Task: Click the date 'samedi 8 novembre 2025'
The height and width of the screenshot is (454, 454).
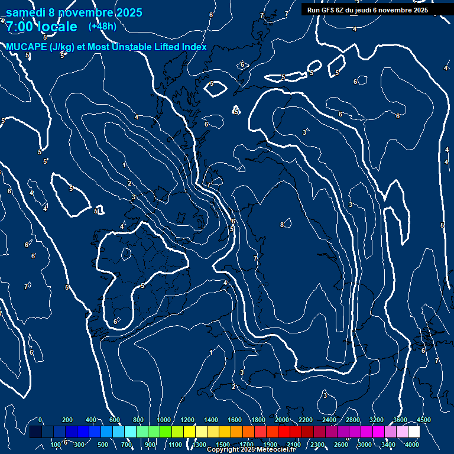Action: (74, 12)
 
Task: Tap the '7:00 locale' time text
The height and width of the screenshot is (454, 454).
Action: (41, 27)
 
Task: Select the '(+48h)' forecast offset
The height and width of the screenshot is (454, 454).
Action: (102, 26)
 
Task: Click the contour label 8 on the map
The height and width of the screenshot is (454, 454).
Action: (282, 225)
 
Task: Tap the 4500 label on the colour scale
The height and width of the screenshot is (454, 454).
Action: (423, 420)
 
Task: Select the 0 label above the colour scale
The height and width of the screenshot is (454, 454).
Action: (40, 420)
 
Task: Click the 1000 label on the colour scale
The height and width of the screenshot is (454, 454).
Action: (164, 420)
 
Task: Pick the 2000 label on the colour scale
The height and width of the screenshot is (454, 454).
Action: (282, 420)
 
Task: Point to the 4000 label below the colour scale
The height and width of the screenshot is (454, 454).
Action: (412, 445)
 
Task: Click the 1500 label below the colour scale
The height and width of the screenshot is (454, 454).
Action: (223, 445)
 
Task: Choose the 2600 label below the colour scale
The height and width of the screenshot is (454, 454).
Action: (341, 445)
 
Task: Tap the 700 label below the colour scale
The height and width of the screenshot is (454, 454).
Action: (127, 445)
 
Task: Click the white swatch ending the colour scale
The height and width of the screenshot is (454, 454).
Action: (414, 432)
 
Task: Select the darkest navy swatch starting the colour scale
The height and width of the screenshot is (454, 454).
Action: (35, 432)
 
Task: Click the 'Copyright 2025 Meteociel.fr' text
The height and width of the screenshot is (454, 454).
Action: (251, 450)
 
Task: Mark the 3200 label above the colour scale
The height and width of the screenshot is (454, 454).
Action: (377, 420)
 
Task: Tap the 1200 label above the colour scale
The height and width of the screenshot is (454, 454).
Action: (187, 420)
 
